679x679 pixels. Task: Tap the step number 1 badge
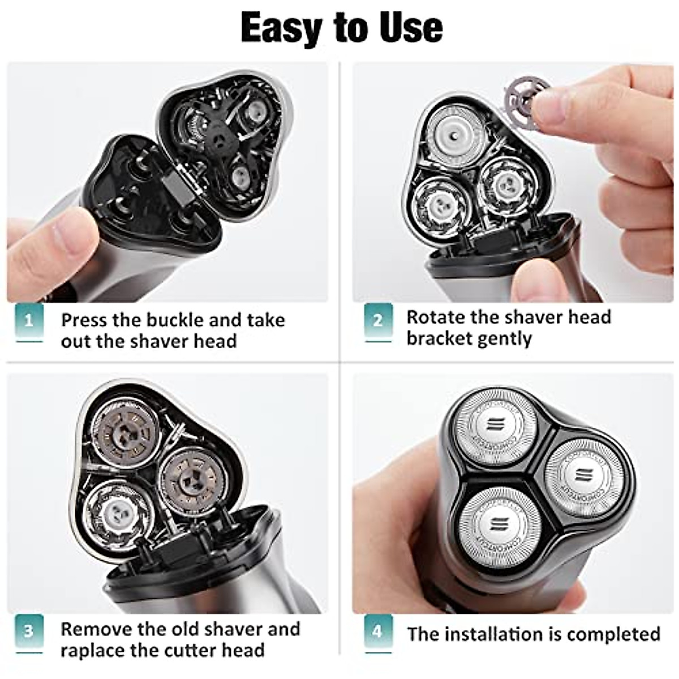coord(28,321)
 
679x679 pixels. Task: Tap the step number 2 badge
coord(378,321)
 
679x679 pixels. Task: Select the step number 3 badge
coord(28,630)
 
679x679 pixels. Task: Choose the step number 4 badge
coord(378,630)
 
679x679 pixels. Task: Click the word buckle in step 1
coord(175,320)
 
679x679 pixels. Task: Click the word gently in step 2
coord(504,339)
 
